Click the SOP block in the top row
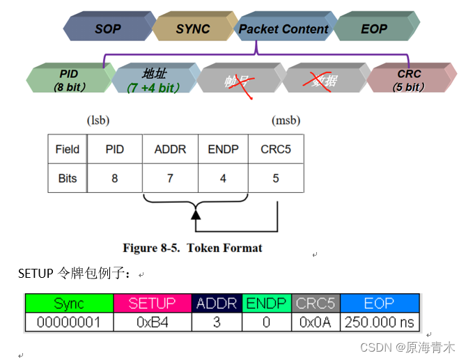107,29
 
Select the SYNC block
193,29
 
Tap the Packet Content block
283,29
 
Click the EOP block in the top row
374,29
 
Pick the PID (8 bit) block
68,79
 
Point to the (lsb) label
98,120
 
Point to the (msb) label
286,120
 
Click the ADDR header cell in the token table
169,149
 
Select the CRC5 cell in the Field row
275,149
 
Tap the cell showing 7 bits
169,178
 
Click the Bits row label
68,178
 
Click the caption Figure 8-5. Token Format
192,248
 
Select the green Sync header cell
69,304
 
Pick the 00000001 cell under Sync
69,322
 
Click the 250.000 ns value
379,322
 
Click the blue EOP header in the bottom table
379,304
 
